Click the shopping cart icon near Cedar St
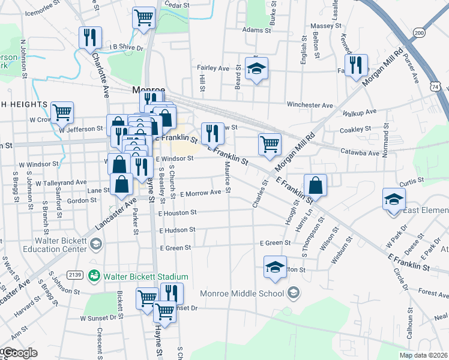coord(144,17)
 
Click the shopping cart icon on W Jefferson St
coord(62,111)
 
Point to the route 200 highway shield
coord(418,32)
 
